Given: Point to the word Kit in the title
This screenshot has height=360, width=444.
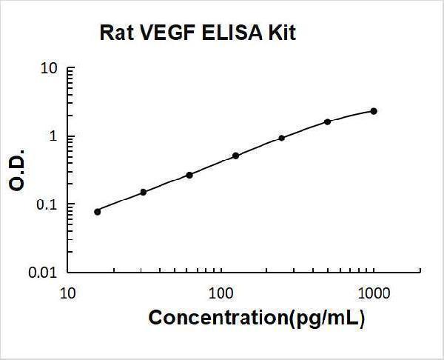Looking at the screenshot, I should coord(281,33).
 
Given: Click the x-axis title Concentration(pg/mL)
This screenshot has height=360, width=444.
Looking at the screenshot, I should coord(257,319).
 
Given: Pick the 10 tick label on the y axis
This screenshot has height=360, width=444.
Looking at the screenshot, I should coord(49,69).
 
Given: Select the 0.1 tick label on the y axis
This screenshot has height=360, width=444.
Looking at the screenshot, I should coord(47,205).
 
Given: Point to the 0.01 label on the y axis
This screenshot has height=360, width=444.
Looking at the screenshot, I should coord(44,273).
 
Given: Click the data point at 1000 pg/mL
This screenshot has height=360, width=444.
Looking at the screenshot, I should coord(374,111).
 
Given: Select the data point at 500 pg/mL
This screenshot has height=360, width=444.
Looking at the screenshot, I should coord(328,121).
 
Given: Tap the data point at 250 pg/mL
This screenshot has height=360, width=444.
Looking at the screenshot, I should coord(282,138).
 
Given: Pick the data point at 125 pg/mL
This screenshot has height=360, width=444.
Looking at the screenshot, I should coord(235,156).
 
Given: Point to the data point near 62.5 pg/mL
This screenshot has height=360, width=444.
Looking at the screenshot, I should coord(189,175).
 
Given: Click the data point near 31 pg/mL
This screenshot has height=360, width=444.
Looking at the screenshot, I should coord(144,192).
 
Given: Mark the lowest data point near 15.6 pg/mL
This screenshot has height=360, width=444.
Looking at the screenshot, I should coord(98,211).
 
